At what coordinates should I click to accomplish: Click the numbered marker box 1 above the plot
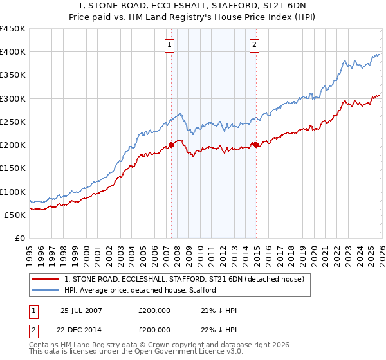coord(169,44)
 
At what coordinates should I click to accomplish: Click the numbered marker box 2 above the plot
coord(255,44)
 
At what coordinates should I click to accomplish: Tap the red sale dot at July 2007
coord(172,145)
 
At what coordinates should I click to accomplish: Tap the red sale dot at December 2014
coord(256,145)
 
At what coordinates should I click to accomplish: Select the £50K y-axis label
coord(15,215)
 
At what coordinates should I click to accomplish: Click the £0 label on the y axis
coord(19,238)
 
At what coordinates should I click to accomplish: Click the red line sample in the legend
coord(46,279)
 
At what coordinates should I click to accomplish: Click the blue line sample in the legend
coord(46,290)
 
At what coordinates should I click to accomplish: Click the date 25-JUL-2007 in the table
coord(81,310)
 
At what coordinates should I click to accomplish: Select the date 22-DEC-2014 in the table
coord(81,329)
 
